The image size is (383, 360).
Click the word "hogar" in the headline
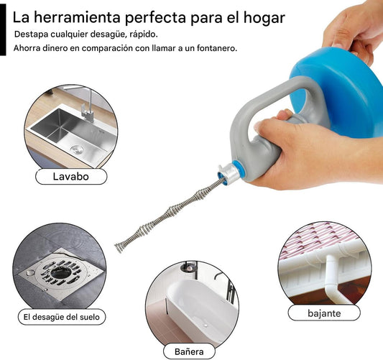(x=264, y=18)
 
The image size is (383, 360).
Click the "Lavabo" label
(x=71, y=176)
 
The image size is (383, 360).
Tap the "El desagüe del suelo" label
(x=62, y=317)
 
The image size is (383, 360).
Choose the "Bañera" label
(x=189, y=351)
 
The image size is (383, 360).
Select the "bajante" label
(x=324, y=313)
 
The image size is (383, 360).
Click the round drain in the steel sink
(x=77, y=149)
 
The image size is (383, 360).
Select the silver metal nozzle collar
(x=229, y=174)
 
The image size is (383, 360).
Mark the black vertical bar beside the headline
(x=3, y=29)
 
